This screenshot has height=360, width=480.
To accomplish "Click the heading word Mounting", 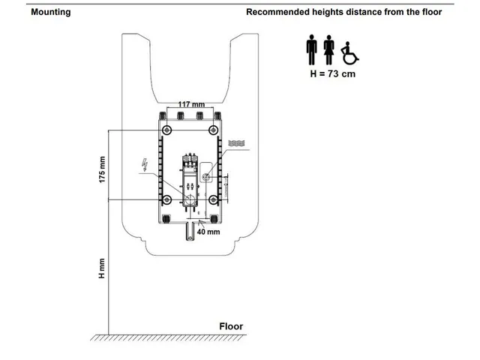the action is tap(51, 12).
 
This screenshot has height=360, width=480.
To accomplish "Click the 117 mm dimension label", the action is tap(191, 104).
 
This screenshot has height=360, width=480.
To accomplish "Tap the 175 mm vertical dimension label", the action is tap(102, 169).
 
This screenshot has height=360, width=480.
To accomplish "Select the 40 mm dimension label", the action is tap(208, 232).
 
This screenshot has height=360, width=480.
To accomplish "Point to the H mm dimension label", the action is tap(102, 268).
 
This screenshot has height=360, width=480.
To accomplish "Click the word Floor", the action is tap(231, 326).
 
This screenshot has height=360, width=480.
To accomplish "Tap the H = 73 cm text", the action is tap(333, 73).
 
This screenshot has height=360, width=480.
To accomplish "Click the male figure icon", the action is tap(312, 49).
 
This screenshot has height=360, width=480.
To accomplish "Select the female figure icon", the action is tap(329, 50).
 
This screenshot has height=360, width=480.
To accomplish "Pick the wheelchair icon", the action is tap(350, 53).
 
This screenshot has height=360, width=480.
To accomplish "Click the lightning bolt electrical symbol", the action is tap(145, 165).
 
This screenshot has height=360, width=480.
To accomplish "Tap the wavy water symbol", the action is tap(236, 143).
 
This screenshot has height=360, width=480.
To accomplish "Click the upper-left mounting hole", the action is tap(166, 130).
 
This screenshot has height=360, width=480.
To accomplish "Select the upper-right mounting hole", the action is tap(213, 130).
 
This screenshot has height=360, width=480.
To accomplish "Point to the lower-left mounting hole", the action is tap(166, 200).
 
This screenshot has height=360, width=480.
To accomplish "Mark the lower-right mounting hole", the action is tap(213, 200).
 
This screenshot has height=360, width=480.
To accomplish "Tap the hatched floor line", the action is tap(168, 337).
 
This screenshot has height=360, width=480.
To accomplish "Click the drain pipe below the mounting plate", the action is tap(190, 232).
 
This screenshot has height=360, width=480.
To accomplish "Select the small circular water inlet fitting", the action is tap(207, 177).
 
